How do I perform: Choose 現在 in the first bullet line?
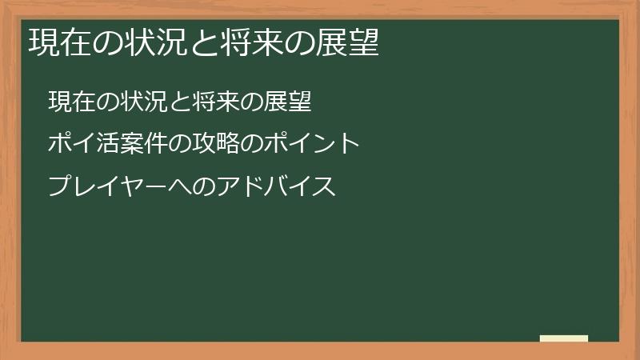coord(69,102)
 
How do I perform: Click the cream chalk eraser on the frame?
coord(564,338)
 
